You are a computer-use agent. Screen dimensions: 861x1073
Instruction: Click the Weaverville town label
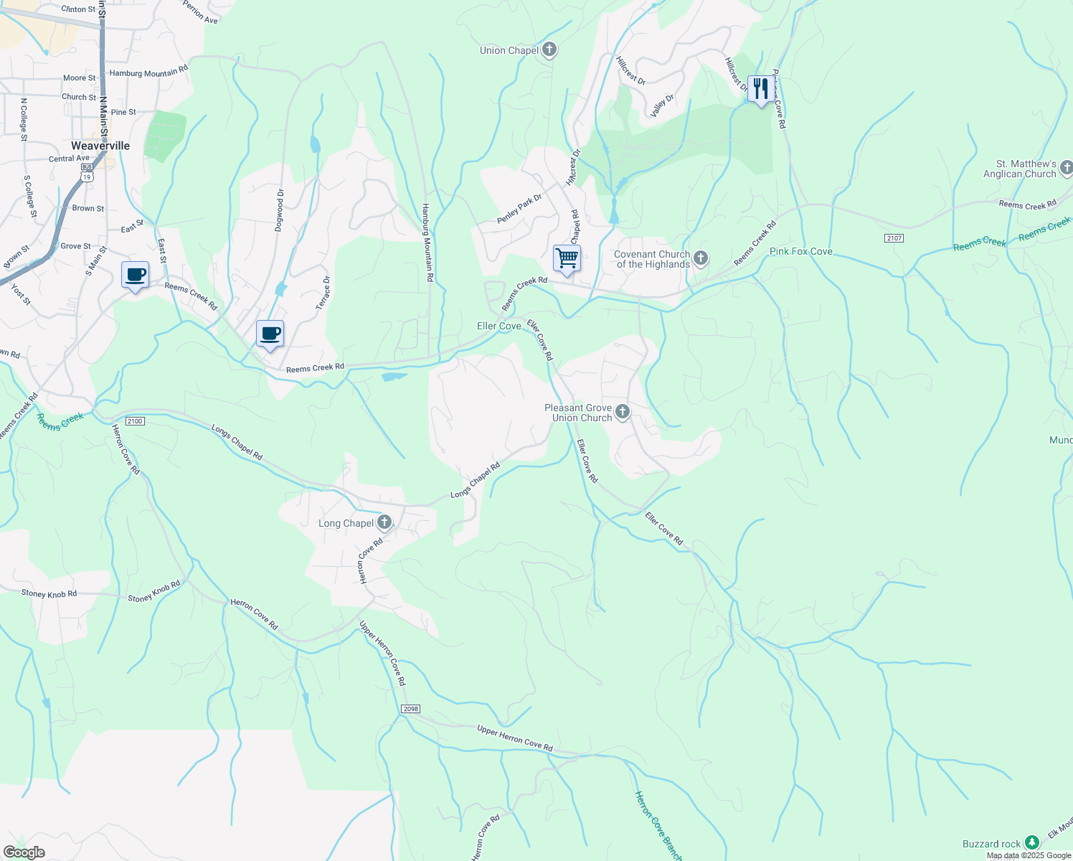(x=100, y=146)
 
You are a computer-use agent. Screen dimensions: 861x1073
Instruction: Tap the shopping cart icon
(x=567, y=258)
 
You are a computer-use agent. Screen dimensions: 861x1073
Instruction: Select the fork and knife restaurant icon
(x=761, y=89)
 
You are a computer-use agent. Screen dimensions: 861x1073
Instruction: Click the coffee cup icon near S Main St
(x=135, y=275)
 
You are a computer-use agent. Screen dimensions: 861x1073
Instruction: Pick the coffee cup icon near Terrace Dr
(x=270, y=334)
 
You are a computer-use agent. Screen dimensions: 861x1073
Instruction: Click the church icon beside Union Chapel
(x=549, y=50)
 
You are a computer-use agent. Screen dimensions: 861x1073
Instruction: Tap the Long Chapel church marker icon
(x=384, y=522)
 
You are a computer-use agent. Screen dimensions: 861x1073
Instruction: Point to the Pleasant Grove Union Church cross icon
(x=623, y=412)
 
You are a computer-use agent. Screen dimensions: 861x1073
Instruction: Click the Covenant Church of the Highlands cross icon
(x=701, y=258)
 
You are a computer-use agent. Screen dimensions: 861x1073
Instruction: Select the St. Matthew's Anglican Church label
(x=1019, y=169)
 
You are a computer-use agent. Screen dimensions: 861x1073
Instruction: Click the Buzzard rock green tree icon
(x=1031, y=843)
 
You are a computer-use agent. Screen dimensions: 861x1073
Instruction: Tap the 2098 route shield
(x=410, y=709)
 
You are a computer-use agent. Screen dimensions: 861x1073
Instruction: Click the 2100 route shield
(x=135, y=421)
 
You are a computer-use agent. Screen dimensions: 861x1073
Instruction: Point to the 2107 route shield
(x=894, y=238)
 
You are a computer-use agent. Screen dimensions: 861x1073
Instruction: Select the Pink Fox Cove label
(x=800, y=251)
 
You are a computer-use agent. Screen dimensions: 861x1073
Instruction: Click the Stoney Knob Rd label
(x=49, y=593)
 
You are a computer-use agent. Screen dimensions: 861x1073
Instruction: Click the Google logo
(x=24, y=852)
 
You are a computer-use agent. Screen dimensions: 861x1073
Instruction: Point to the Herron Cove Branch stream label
(x=658, y=825)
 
